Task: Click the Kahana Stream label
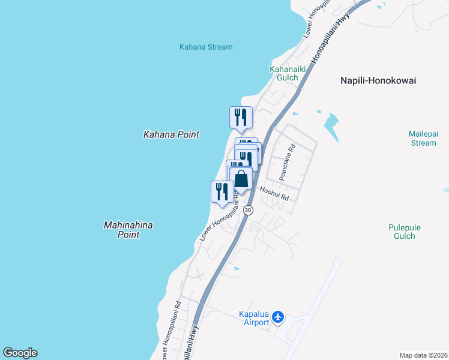206,47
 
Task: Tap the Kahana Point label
171,134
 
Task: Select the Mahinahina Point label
128,230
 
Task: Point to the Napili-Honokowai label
378,80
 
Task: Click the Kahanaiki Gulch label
288,73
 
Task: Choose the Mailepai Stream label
422,138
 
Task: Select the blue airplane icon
278,316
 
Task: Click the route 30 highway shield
249,210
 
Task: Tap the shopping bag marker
241,179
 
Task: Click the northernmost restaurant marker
241,116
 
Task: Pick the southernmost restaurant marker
222,191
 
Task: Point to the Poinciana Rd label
287,162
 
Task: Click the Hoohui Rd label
275,193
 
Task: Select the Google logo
20,353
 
